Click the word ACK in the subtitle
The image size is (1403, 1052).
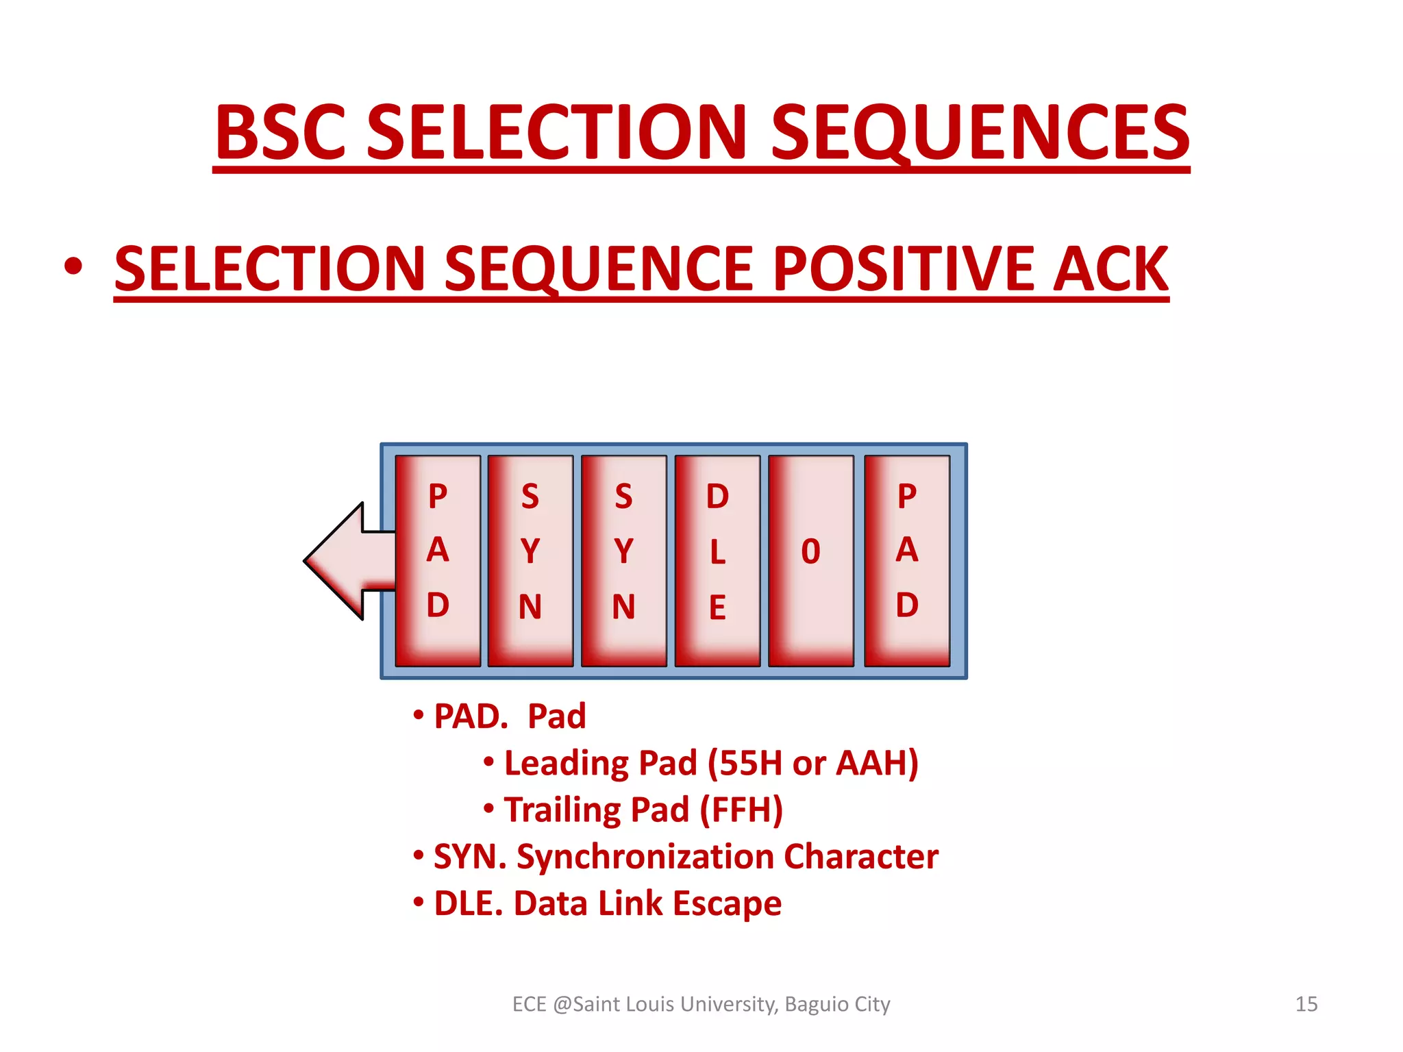pyautogui.click(x=1110, y=268)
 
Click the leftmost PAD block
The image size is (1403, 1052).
pyautogui.click(x=438, y=560)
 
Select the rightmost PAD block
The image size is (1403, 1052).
pyautogui.click(x=907, y=560)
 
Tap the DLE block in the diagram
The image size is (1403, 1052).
pyautogui.click(x=717, y=560)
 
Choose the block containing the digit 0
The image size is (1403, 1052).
pyautogui.click(x=811, y=560)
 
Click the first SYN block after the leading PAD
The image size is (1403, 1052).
pyautogui.click(x=530, y=560)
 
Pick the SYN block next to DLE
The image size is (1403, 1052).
pyautogui.click(x=623, y=560)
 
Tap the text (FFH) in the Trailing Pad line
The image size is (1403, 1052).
pyautogui.click(x=741, y=810)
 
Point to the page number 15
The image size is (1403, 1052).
pyautogui.click(x=1306, y=1004)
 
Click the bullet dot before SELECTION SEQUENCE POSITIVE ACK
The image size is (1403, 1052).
pyautogui.click(x=73, y=267)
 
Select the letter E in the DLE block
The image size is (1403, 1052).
pyautogui.click(x=717, y=608)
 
